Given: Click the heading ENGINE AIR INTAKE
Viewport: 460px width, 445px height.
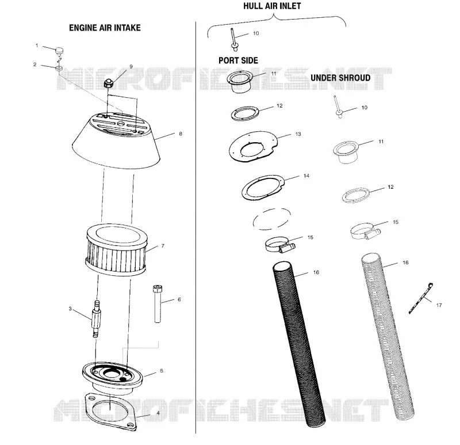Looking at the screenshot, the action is (x=105, y=28).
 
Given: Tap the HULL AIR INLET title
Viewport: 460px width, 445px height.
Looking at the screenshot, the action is (x=272, y=6).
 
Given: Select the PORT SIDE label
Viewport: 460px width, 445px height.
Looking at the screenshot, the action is (x=238, y=60).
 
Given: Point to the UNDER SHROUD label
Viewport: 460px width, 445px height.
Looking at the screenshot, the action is (x=340, y=78).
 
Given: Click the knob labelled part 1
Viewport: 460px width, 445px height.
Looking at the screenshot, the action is (x=60, y=51).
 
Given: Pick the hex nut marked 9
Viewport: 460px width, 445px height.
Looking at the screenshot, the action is (x=108, y=83).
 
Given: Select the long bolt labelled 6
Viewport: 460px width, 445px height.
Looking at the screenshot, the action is (x=158, y=304).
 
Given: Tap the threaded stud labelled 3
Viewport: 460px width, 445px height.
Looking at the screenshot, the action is (x=96, y=319).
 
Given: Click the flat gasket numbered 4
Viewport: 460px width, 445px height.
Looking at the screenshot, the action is (x=111, y=411).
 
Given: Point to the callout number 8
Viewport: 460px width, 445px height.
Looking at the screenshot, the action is (x=181, y=134).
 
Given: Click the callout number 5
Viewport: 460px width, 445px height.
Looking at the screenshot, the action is (x=162, y=371).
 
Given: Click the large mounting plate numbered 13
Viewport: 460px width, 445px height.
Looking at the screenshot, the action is (x=252, y=147).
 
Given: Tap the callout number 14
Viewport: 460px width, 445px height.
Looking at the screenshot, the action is (x=306, y=176).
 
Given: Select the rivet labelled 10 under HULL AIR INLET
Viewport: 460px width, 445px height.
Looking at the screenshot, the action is (x=234, y=39).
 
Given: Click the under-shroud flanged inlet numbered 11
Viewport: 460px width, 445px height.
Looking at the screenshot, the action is (x=346, y=152).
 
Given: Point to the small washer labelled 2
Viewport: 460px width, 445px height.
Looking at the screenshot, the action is (x=59, y=69).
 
